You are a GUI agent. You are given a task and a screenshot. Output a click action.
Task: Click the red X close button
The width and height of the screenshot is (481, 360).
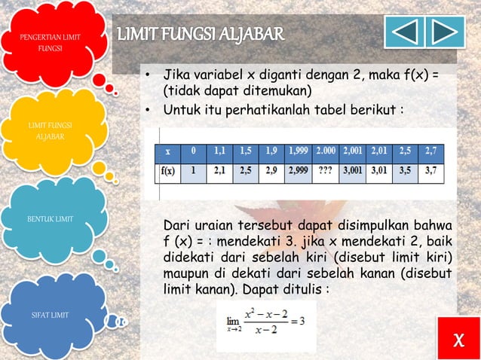[458, 343]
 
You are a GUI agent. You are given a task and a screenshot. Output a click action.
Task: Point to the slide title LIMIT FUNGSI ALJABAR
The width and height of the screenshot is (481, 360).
[201, 34]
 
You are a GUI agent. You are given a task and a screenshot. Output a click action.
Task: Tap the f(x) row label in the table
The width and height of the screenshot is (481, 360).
[167, 170]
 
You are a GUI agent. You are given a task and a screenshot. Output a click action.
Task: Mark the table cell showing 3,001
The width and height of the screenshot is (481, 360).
[356, 170]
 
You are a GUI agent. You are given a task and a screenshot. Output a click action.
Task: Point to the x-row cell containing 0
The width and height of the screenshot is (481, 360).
[194, 151]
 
